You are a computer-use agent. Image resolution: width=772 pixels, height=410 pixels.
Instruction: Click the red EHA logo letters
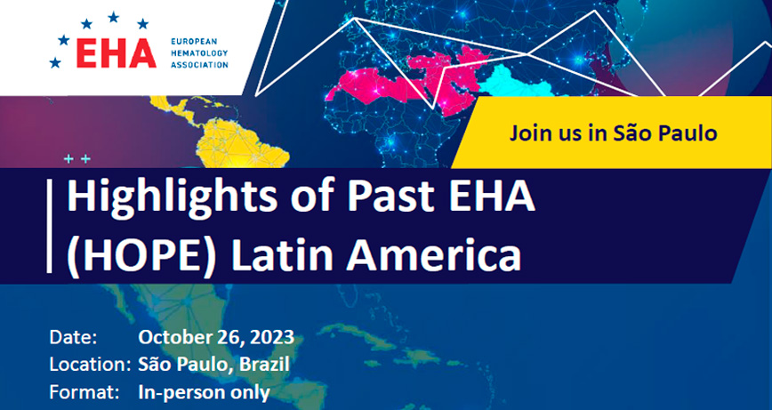[117, 53]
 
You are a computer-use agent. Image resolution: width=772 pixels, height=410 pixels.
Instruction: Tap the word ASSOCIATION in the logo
[199, 64]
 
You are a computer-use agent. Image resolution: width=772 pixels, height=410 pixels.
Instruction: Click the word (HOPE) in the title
[141, 256]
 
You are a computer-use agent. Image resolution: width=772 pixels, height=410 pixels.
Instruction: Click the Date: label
[73, 338]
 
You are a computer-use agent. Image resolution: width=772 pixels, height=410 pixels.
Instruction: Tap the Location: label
[90, 365]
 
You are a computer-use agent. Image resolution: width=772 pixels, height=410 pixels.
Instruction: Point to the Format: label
[84, 392]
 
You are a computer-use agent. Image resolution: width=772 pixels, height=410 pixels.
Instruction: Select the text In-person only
[205, 393]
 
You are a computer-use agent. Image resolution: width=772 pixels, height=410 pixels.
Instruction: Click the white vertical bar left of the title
[49, 226]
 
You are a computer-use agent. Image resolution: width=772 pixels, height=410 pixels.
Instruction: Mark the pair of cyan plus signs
[77, 159]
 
